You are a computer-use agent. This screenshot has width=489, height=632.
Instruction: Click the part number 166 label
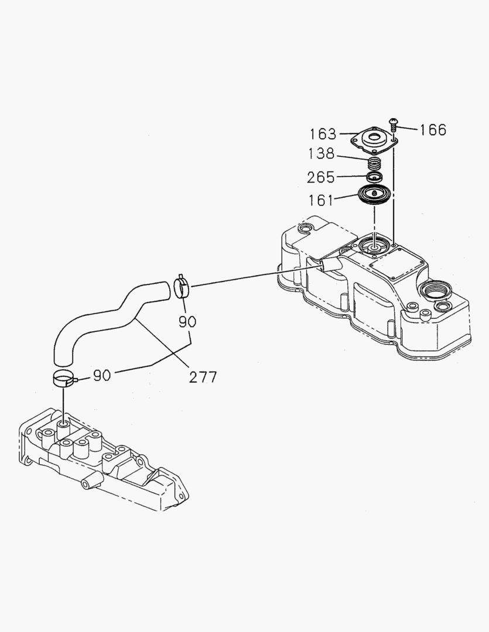click(x=433, y=129)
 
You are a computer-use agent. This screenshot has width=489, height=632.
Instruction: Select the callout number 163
click(x=323, y=134)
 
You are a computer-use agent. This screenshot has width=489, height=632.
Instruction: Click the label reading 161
click(x=321, y=201)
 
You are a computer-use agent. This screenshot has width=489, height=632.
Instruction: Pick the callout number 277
click(x=203, y=376)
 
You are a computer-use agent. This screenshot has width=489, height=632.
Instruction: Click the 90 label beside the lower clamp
click(x=102, y=375)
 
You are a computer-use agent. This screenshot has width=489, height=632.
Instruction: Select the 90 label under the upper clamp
click(x=188, y=321)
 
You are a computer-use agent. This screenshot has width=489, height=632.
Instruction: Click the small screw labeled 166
click(x=393, y=124)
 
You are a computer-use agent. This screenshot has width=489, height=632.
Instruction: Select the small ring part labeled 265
click(x=374, y=176)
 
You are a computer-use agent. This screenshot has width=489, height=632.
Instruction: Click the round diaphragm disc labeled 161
click(x=374, y=195)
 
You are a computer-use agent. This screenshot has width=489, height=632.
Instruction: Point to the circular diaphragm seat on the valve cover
click(x=374, y=245)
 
